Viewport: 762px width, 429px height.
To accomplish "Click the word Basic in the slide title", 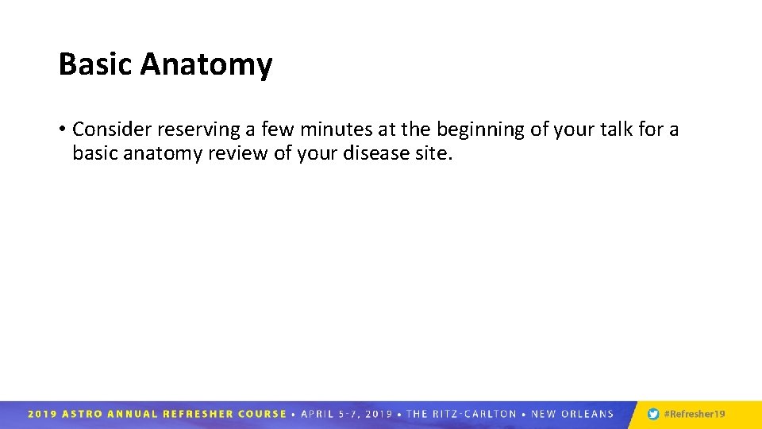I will click(95, 64).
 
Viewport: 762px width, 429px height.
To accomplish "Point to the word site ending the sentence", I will click(433, 153).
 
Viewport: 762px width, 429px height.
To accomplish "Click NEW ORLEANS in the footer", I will click(571, 414).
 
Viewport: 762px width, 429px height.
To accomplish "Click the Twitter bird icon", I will click(653, 414).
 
